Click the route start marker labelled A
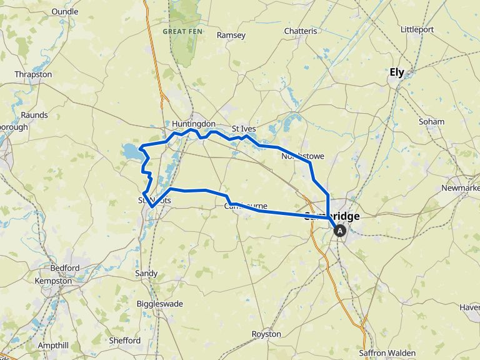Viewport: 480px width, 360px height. [x=340, y=231]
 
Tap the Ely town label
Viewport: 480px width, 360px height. [x=397, y=72]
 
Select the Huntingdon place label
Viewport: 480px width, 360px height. [x=194, y=124]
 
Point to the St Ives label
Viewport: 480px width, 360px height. [x=244, y=129]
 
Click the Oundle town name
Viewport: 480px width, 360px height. [x=65, y=11]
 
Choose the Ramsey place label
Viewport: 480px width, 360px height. [x=231, y=36]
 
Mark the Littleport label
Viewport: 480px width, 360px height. [x=417, y=29]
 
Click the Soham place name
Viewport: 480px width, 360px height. [x=432, y=122]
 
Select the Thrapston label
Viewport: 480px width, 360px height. [x=33, y=74]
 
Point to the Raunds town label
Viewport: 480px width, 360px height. [x=34, y=115]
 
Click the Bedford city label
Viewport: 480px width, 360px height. [x=65, y=268]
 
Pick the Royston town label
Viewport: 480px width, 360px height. [x=266, y=334]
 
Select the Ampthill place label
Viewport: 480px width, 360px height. [x=53, y=345]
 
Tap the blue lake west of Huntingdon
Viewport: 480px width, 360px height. [x=132, y=151]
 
